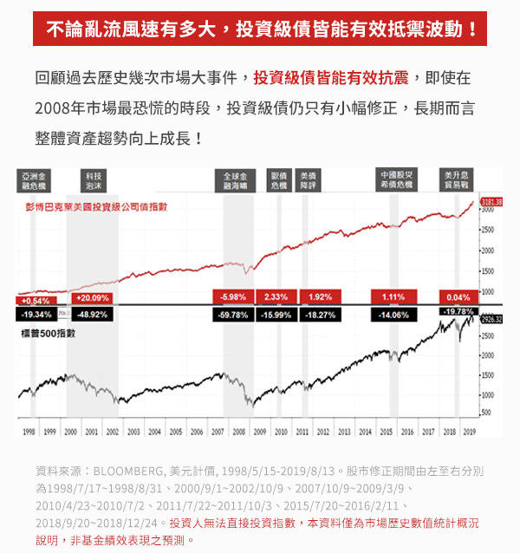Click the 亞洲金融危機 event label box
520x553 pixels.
[x=36, y=180]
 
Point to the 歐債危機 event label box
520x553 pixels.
[x=278, y=180]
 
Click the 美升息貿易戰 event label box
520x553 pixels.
[x=456, y=180]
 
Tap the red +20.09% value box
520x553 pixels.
[x=93, y=297]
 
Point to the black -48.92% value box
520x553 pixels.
[x=93, y=315]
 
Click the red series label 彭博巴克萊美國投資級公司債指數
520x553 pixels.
[x=96, y=207]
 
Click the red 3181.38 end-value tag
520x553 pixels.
[x=491, y=201]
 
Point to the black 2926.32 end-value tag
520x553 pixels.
[x=491, y=319]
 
